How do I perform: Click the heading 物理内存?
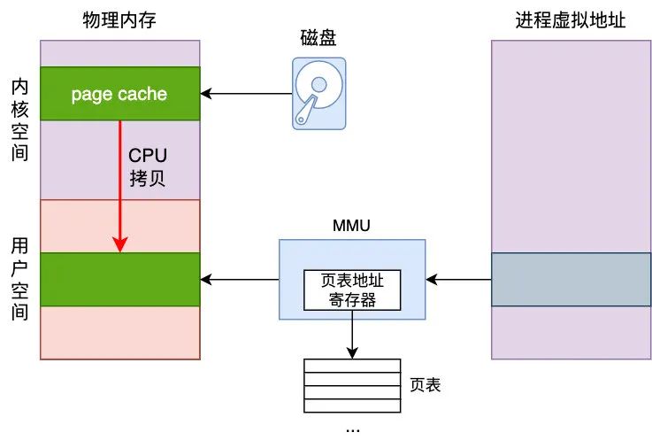pyautogui.click(x=119, y=19)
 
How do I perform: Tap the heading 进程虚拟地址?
pyautogui.click(x=571, y=19)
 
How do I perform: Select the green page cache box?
pyautogui.click(x=119, y=94)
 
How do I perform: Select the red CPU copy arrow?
pyautogui.click(x=120, y=186)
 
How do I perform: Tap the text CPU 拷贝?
pyautogui.click(x=147, y=166)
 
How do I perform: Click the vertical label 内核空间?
pyautogui.click(x=19, y=120)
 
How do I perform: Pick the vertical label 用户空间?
pyautogui.click(x=19, y=279)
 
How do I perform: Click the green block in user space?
pyautogui.click(x=119, y=280)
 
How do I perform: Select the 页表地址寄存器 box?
pyautogui.click(x=352, y=289)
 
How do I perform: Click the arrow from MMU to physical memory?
pyautogui.click(x=239, y=280)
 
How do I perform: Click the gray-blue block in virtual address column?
pyautogui.click(x=571, y=280)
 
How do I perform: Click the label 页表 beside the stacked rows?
pyautogui.click(x=426, y=385)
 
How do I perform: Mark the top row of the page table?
pyautogui.click(x=352, y=365)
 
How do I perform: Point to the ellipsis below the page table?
pyautogui.click(x=352, y=428)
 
